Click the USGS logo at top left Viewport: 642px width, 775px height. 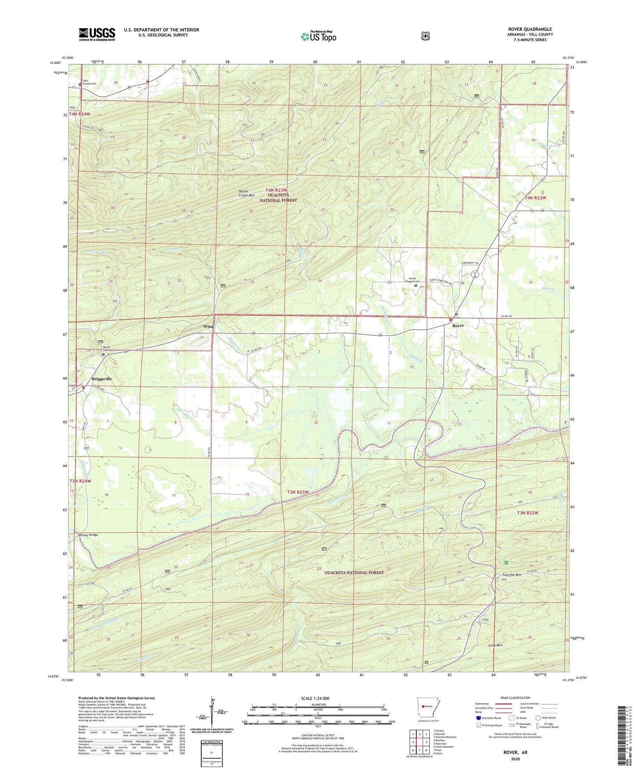click(x=97, y=34)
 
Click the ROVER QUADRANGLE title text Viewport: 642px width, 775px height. click(x=530, y=29)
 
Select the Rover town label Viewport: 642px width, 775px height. click(x=458, y=325)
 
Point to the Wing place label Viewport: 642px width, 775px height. click(x=208, y=326)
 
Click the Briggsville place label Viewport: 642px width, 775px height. click(x=102, y=379)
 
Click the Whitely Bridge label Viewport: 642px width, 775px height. click(x=88, y=535)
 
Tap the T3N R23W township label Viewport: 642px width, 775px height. click(x=298, y=492)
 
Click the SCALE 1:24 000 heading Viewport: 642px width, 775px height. click(x=315, y=698)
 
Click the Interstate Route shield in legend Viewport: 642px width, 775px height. click(x=478, y=717)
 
